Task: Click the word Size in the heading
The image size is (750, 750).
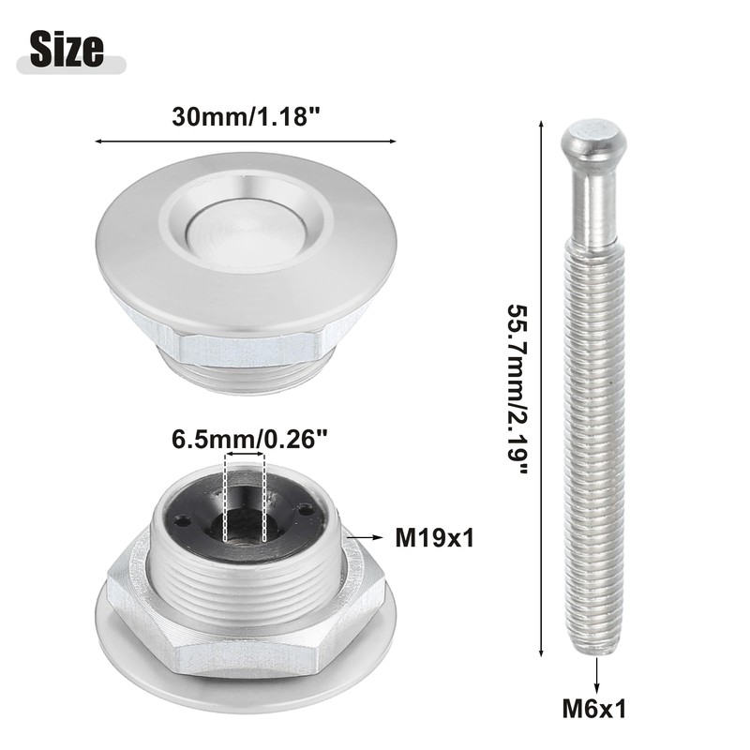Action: point(67,48)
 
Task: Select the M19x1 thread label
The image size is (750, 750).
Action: point(434,538)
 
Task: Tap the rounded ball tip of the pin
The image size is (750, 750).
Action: point(593,141)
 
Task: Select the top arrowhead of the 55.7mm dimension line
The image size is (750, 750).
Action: point(541,123)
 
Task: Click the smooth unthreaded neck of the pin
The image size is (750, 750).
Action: point(594,206)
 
